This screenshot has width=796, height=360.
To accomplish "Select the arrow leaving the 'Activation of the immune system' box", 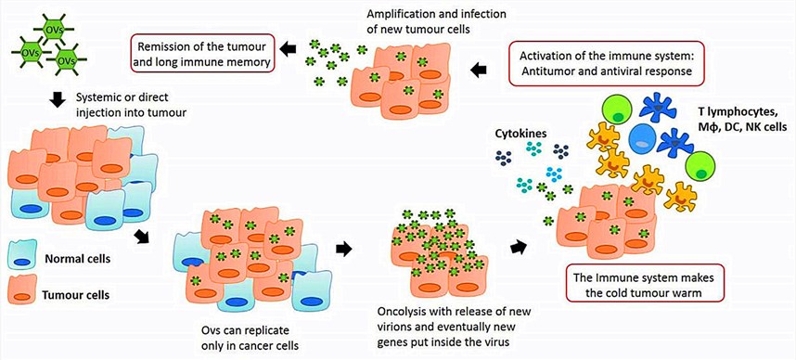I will pyautogui.click(x=481, y=68).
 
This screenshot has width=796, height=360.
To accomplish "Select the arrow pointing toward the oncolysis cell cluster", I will pyautogui.click(x=343, y=249).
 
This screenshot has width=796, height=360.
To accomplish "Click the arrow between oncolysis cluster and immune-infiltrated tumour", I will pyautogui.click(x=518, y=247).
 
